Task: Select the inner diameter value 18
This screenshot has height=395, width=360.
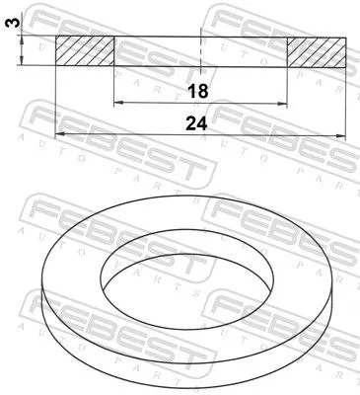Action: pos(198,91)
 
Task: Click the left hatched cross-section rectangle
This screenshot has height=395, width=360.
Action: pos(85,51)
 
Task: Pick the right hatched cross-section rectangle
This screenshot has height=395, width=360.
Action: pos(317,51)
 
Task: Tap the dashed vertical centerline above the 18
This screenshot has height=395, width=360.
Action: pos(200,49)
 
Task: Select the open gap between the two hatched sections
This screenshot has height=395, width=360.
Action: pos(158,51)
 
